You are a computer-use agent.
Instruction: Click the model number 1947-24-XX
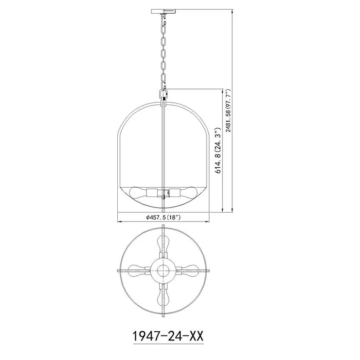tap(168, 336)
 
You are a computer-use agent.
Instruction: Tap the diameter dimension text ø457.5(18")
tap(163, 217)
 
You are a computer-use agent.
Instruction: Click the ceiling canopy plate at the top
tap(163, 11)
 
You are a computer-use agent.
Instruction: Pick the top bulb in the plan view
tap(163, 244)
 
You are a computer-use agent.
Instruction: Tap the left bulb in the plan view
tap(136, 271)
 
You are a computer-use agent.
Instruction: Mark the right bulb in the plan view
tap(189, 271)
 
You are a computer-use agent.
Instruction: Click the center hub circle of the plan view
tap(163, 271)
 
